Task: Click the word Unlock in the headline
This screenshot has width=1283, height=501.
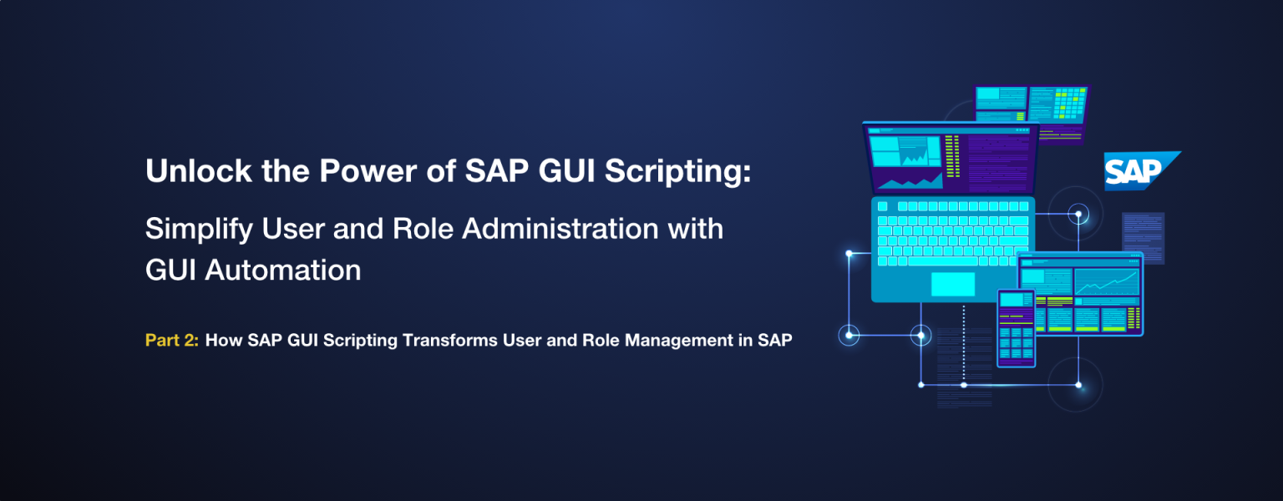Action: (199, 170)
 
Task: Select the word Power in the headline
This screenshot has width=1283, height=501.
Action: (368, 170)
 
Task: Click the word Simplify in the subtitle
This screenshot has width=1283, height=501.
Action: (199, 230)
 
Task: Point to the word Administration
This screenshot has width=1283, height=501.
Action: (560, 229)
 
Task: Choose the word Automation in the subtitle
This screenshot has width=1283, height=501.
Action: (283, 270)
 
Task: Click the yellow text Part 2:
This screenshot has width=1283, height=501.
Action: (172, 340)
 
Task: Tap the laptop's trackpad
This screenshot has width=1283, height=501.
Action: (952, 284)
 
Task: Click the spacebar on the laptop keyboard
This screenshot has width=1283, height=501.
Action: (943, 261)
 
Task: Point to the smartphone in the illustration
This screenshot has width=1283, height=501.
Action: (1016, 328)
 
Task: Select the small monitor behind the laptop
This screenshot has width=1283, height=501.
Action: (1032, 112)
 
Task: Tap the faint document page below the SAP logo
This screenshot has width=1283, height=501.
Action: (1144, 238)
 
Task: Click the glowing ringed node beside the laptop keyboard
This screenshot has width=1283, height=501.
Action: (1078, 215)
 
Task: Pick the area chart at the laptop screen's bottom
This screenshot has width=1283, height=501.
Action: (910, 181)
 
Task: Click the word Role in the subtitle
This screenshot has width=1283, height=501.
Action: (423, 229)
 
